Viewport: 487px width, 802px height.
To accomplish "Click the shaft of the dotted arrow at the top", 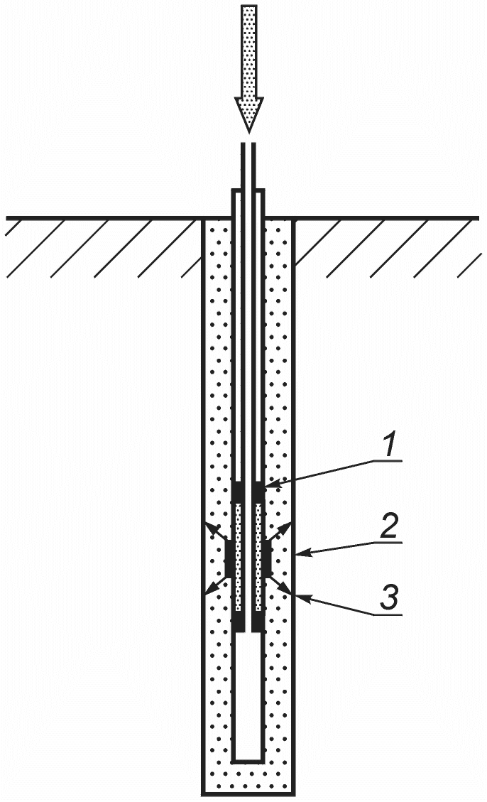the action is coord(248,51).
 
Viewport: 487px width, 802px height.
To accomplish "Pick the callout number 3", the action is coord(390,598).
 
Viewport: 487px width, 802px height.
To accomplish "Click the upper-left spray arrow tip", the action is coord(207,526).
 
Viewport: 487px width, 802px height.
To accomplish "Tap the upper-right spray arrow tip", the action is coord(290,525).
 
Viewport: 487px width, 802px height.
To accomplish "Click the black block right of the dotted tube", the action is coord(268,559).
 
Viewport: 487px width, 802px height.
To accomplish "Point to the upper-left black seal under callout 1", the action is coord(238,492).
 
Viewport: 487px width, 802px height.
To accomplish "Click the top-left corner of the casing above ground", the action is coord(233,190).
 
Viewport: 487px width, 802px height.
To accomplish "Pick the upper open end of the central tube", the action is coord(248,143).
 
